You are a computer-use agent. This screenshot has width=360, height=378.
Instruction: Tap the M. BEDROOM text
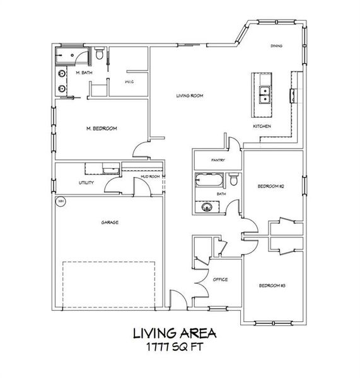tap(102, 129)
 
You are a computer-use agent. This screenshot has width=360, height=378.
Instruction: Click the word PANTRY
tap(218, 160)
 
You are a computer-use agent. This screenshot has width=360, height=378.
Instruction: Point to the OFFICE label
tap(219, 279)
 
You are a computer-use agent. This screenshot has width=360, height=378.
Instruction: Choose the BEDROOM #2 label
tap(272, 186)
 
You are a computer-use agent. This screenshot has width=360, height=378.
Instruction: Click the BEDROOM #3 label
tap(272, 286)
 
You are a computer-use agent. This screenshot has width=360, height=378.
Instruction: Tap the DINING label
tap(276, 46)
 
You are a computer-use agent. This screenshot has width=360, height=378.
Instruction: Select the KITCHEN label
tap(262, 127)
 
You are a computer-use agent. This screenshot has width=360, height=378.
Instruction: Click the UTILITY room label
tap(86, 182)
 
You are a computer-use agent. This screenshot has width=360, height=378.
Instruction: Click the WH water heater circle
tap(61, 202)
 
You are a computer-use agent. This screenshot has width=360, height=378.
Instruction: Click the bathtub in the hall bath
tap(209, 181)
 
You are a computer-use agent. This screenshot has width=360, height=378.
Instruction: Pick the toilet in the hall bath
tap(233, 181)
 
